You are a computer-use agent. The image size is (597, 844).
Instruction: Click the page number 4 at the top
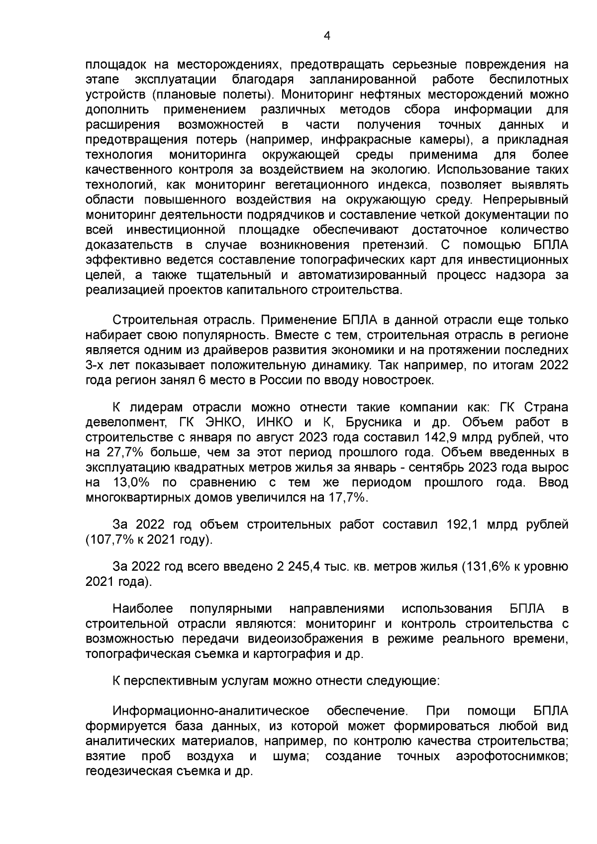tap(327, 35)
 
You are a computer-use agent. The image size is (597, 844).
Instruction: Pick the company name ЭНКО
tap(220, 422)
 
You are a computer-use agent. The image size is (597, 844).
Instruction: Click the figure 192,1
tap(464, 525)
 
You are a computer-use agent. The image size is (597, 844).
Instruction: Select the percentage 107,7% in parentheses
tap(108, 540)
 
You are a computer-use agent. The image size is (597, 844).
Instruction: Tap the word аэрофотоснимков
tap(512, 756)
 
